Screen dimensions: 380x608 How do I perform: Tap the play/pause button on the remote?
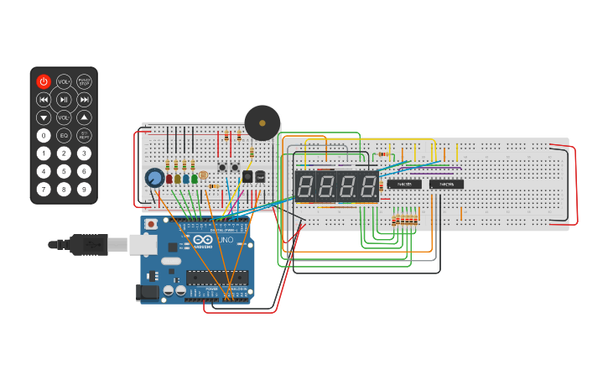tap(64, 99)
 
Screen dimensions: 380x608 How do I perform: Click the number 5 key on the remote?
tap(64, 171)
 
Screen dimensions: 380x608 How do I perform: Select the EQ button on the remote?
tap(64, 135)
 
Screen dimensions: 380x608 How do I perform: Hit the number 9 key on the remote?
tap(84, 189)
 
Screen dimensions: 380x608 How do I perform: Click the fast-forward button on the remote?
tap(84, 99)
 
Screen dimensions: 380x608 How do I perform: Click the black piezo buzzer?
tap(262, 122)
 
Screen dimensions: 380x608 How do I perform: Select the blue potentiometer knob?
tap(154, 178)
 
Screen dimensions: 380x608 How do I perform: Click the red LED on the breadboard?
tap(169, 179)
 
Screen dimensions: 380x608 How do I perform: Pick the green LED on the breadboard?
tap(195, 179)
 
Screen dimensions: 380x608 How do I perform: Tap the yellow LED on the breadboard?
tap(178, 179)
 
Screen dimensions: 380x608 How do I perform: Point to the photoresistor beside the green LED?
tap(205, 175)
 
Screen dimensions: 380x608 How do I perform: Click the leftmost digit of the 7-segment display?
tap(305, 186)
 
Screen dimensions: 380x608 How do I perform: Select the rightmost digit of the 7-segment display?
tap(368, 186)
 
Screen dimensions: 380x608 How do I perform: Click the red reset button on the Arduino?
tap(151, 224)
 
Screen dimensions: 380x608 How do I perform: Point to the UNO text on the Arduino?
tap(226, 240)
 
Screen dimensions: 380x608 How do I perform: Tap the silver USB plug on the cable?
tap(117, 244)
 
